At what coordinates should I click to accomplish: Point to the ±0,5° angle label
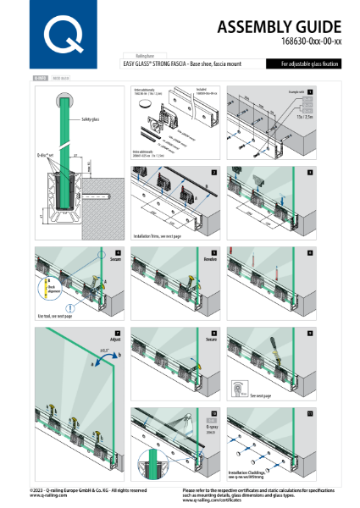(103, 350)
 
